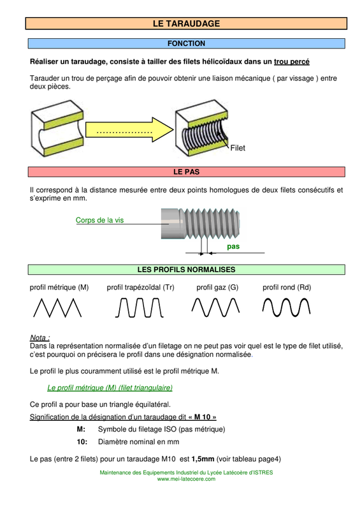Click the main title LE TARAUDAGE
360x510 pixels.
[186, 24]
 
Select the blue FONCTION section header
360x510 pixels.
[186, 43]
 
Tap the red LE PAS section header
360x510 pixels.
[186, 171]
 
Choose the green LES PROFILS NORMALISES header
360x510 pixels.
[186, 270]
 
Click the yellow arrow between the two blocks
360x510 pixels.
[129, 129]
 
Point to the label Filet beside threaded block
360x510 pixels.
[238, 148]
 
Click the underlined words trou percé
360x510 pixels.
[292, 62]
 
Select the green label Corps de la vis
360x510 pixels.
[99, 220]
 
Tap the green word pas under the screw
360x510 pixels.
[233, 247]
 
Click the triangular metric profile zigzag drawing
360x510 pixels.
[57, 308]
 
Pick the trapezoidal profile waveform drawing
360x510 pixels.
[139, 308]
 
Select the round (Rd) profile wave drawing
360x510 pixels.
[286, 307]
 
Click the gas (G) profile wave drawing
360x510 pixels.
[215, 307]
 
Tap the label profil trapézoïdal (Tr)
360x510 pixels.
[140, 288]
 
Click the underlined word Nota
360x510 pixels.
[39, 337]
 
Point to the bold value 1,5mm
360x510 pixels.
[203, 459]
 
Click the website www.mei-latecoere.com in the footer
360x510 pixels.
[186, 479]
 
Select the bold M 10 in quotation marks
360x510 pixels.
[202, 417]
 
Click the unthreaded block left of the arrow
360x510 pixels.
[57, 129]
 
